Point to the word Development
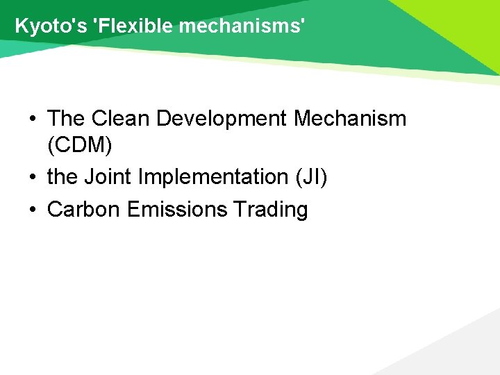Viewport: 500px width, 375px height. (222, 119)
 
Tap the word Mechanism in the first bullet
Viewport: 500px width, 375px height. (350, 119)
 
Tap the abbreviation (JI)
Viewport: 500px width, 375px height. (311, 178)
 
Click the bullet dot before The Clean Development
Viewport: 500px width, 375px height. (33, 119)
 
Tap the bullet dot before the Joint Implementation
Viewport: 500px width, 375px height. (33, 178)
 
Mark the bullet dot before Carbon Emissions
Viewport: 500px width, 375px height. (33, 210)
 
